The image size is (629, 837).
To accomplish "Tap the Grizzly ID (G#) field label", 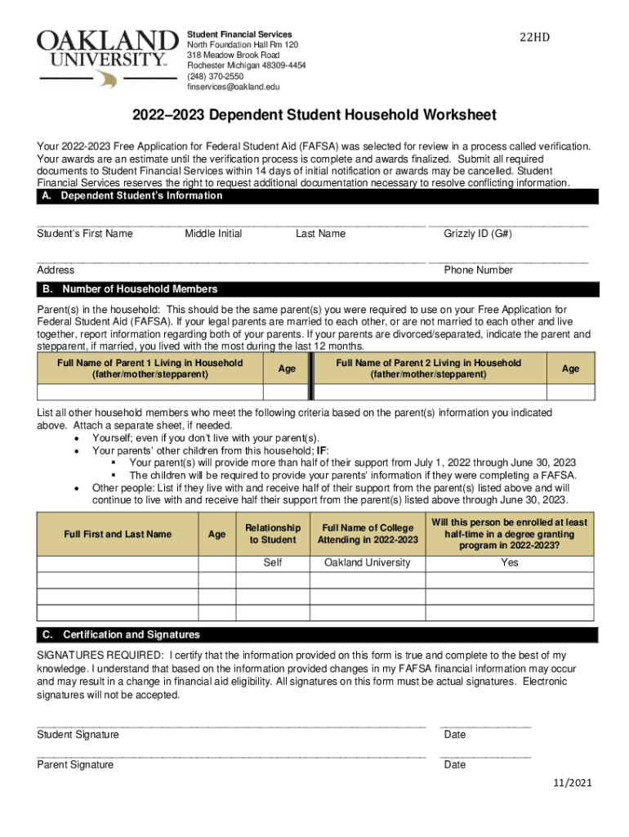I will (x=478, y=234).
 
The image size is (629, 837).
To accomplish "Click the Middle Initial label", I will (x=213, y=234).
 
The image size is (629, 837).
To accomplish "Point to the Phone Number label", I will (x=478, y=271).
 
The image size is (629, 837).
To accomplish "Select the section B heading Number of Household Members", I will (x=140, y=289).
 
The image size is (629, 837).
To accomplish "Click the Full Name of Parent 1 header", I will (x=149, y=369).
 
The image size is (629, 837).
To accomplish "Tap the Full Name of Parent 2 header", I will (x=428, y=369).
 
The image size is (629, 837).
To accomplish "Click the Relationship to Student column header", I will (x=273, y=534).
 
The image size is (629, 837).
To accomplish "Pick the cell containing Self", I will (x=273, y=563).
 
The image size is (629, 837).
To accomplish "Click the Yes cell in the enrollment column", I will (x=510, y=563).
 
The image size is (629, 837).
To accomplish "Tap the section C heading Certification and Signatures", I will (x=131, y=635).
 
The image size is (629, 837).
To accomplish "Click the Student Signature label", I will (x=78, y=735).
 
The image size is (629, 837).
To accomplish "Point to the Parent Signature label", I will (x=75, y=765).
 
